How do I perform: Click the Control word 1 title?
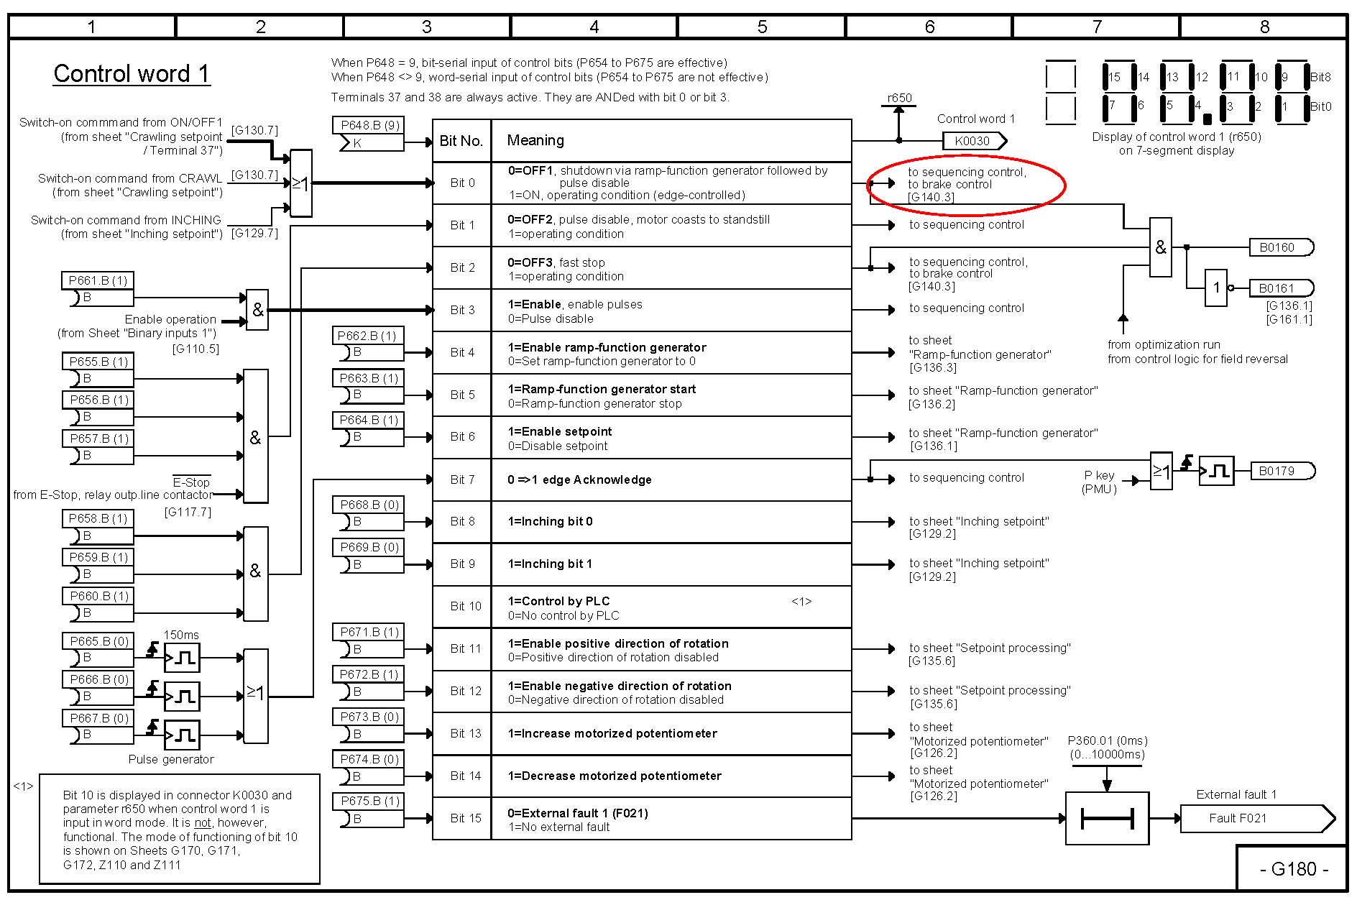132,74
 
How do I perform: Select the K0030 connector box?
972,141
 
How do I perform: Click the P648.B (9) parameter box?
369,125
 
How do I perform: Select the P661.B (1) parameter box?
98,280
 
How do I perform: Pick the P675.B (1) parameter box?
369,801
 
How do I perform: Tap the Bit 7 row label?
462,479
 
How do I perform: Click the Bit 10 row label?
465,606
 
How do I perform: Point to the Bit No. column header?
461,141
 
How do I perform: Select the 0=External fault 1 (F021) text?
577,813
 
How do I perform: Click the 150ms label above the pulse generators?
181,635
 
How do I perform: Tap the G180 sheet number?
1293,869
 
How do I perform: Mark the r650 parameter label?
899,98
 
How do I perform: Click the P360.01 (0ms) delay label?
1107,740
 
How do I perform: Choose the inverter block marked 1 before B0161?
1216,288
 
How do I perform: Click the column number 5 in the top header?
762,27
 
